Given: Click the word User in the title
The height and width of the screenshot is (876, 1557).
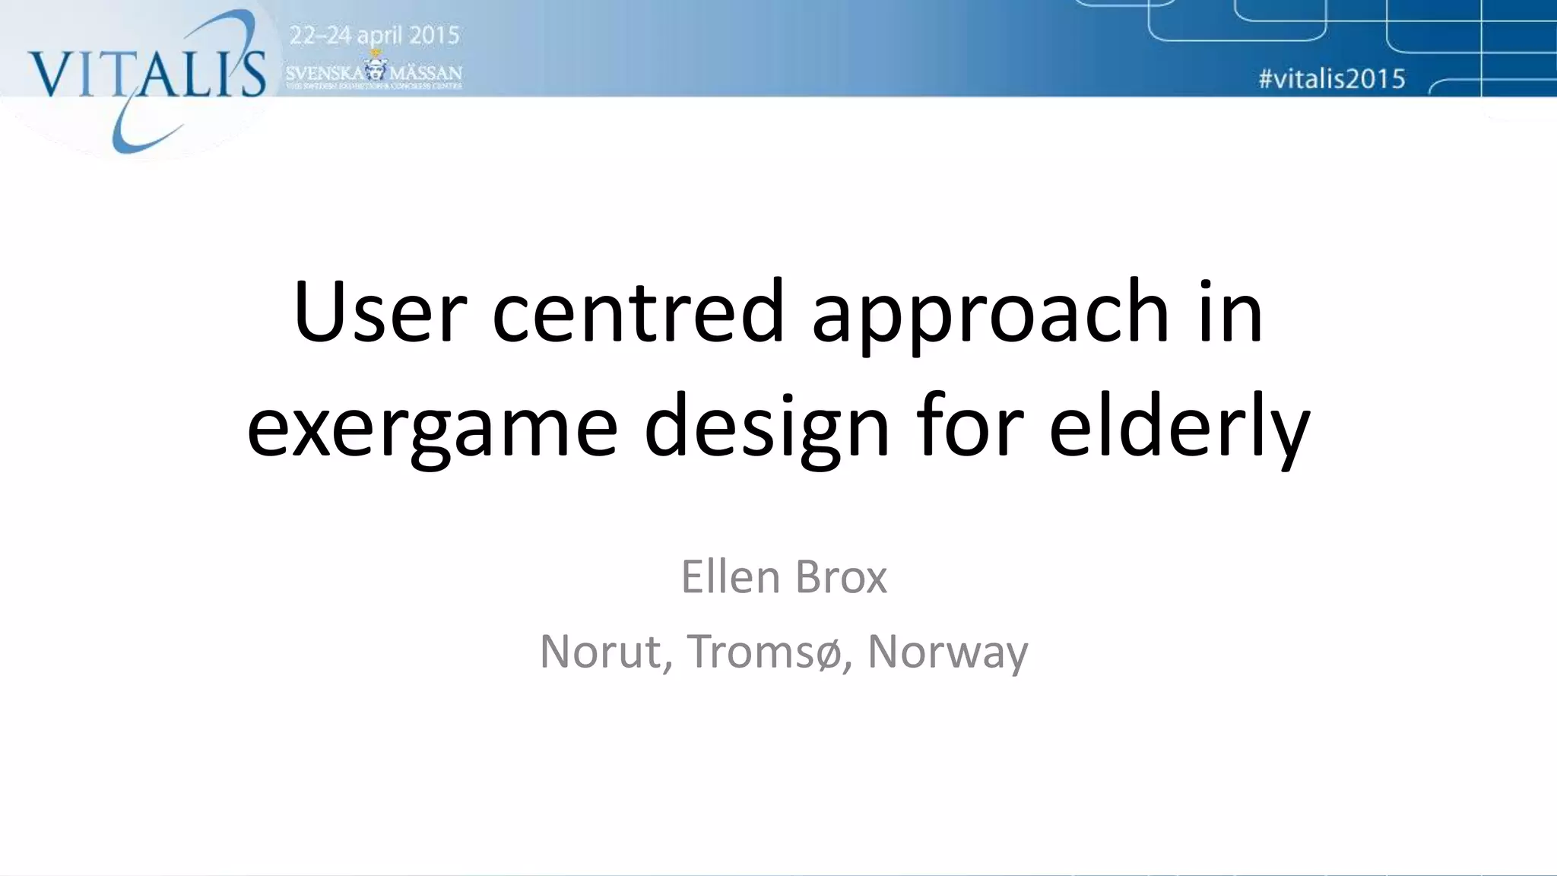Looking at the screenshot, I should pos(379,312).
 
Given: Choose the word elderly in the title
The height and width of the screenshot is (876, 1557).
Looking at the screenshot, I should pos(1179,426).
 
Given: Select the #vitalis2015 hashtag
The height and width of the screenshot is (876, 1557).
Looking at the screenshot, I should pos(1332,79).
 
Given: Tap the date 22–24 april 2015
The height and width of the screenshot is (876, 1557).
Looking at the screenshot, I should pos(375,36).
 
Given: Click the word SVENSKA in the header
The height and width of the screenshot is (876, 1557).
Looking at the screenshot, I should pos(325,73).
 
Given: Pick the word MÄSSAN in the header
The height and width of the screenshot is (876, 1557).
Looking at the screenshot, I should pos(426,73).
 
